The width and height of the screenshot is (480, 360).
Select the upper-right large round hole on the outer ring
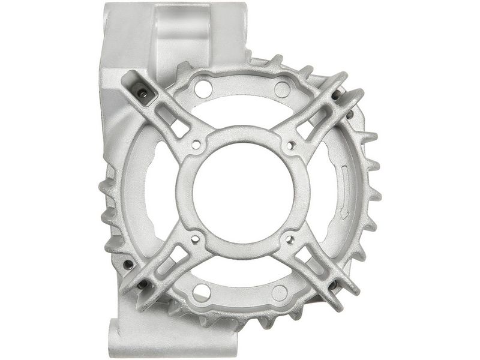point(282,88)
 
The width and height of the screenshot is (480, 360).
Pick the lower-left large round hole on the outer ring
point(202,292)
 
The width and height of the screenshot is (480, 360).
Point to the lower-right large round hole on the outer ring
point(280,293)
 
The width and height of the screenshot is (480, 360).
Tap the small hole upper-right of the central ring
point(290,144)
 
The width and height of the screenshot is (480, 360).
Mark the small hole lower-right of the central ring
point(289,239)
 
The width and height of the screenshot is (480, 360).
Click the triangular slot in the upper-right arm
point(307,128)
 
